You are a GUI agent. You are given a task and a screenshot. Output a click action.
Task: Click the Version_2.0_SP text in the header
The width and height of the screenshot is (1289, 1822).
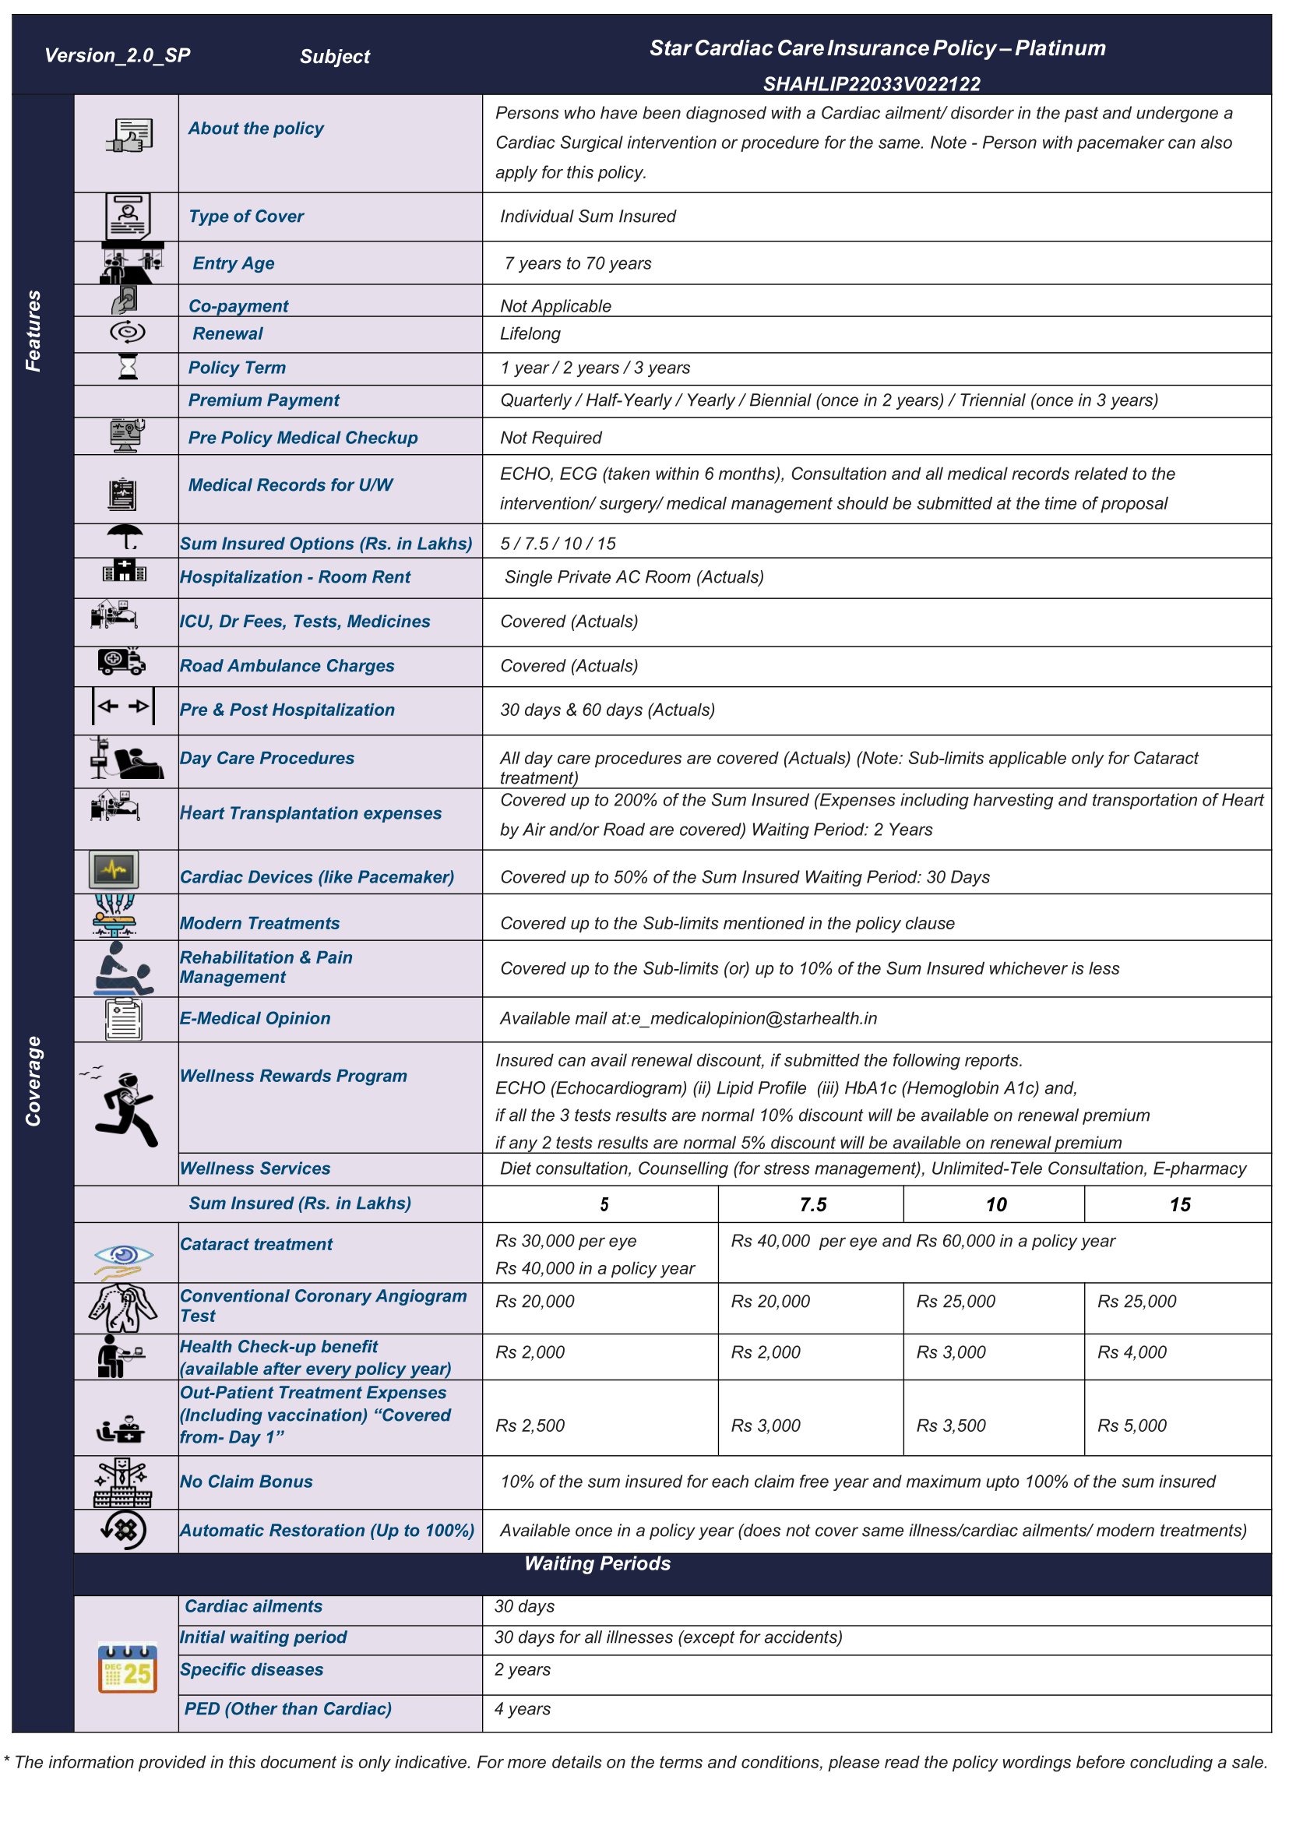point(117,55)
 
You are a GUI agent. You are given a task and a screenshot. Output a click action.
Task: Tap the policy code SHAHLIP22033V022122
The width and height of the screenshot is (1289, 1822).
point(871,84)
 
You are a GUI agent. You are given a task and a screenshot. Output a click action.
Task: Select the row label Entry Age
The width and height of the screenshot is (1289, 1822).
point(234,263)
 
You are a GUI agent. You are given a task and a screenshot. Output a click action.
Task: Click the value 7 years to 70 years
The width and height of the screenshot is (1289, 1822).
point(577,263)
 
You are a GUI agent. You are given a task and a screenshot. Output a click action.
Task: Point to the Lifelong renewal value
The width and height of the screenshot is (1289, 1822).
point(530,334)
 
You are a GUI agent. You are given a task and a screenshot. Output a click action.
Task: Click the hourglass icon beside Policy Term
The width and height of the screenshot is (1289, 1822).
point(127,367)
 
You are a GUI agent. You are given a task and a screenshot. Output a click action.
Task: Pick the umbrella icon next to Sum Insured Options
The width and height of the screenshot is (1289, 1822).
point(125,537)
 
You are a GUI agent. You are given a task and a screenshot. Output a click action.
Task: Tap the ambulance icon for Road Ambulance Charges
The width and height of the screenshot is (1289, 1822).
point(122,661)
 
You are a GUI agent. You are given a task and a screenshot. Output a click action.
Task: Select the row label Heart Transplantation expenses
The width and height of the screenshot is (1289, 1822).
point(310,813)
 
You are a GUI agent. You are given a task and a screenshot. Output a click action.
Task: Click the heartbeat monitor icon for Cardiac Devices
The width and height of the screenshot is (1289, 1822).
point(114,870)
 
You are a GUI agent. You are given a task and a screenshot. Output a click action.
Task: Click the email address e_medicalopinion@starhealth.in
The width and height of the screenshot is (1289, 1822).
point(754,1019)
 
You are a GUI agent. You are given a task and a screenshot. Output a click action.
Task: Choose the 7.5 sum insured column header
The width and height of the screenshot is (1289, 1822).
point(812,1205)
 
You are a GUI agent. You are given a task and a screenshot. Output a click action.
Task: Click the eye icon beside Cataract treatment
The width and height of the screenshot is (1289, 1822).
point(123,1255)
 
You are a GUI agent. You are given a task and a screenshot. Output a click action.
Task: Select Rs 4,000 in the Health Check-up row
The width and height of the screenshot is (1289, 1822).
point(1131,1353)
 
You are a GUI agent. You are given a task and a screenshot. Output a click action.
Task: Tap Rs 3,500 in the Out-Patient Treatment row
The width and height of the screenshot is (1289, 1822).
point(950,1426)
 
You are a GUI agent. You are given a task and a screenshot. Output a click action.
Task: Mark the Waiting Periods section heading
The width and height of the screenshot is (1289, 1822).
point(597,1564)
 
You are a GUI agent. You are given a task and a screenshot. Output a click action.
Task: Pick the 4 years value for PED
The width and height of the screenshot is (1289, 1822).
point(523,1709)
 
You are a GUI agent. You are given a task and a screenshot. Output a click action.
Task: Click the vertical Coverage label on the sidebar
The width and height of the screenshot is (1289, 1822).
point(33,1080)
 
